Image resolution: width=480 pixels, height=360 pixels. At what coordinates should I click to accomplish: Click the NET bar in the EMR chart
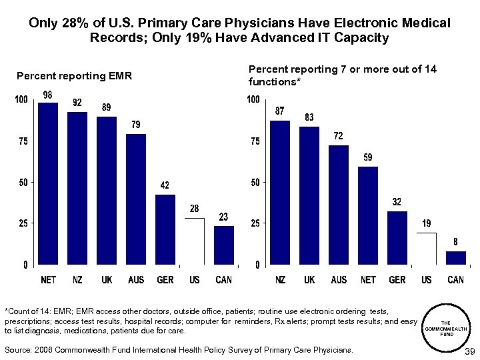click(48, 183)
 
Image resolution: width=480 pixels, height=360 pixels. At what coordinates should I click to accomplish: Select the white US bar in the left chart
click(194, 241)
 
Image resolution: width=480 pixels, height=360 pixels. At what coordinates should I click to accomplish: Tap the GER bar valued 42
click(165, 229)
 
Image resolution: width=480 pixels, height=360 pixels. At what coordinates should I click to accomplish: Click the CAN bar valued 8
click(455, 257)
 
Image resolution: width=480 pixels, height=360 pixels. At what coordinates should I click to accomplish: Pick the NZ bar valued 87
click(280, 192)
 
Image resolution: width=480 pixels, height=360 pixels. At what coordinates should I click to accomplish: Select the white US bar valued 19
click(426, 248)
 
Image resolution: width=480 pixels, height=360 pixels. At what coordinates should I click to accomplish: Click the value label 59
click(367, 157)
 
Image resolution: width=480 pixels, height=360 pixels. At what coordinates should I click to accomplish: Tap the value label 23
click(224, 217)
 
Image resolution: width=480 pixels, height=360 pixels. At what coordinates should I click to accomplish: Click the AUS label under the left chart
click(136, 280)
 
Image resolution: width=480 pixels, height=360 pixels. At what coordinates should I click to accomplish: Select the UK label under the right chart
click(309, 280)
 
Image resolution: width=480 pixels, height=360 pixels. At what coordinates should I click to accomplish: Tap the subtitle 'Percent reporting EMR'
click(74, 76)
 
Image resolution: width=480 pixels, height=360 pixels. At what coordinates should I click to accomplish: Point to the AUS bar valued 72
click(339, 204)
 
